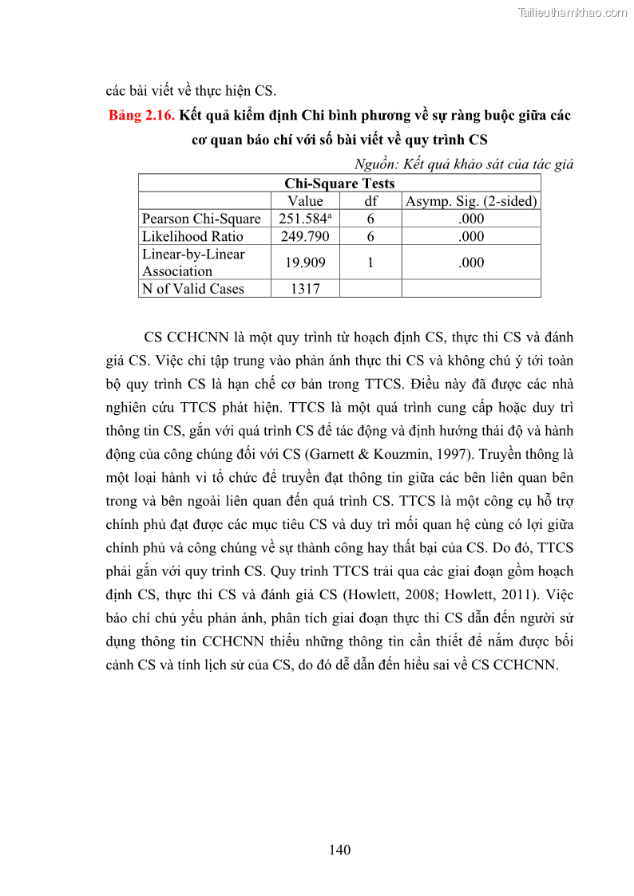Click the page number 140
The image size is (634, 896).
[x=339, y=850]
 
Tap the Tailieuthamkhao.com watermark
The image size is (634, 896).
[x=573, y=12]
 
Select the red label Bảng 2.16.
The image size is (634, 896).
[x=141, y=116]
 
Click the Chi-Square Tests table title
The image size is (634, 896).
[x=339, y=184]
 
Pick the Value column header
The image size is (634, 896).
[x=305, y=201]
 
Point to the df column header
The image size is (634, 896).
[x=370, y=201]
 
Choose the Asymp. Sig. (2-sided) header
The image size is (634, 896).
[x=471, y=201]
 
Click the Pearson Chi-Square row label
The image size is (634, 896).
[x=201, y=219]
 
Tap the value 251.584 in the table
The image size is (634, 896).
[x=302, y=219]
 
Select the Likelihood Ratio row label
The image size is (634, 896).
[x=192, y=236]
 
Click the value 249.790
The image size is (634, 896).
[x=305, y=236]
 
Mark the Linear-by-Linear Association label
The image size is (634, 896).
[x=193, y=262]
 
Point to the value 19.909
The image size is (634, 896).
[x=305, y=262]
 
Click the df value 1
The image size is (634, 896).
[x=370, y=262]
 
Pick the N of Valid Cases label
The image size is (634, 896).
[x=192, y=289]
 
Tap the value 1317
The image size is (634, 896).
[x=305, y=289]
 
